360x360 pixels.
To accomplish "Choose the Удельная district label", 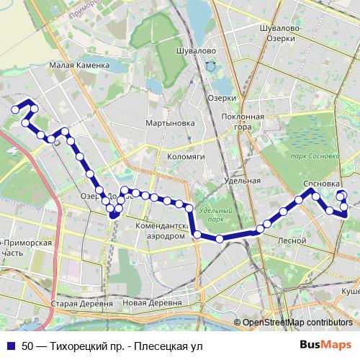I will (x=242, y=181).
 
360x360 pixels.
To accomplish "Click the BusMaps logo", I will (x=325, y=345).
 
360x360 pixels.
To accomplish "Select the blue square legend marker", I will (x=10, y=346).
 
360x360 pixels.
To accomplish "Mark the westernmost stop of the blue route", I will (x=14, y=109).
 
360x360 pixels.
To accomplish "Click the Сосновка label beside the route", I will (x=322, y=184).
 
